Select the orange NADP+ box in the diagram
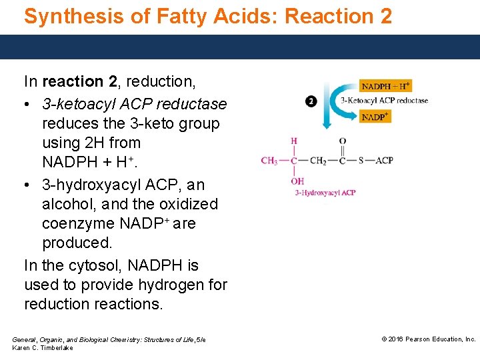coord(375,117)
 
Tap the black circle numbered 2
coord(311,101)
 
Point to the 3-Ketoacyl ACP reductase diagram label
coord(384,101)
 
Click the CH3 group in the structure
coord(269,161)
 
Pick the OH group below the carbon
coord(297,181)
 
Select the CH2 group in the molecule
coord(318,161)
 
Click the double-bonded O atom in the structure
coord(342,141)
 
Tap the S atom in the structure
coord(361,161)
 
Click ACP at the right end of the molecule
coord(384,161)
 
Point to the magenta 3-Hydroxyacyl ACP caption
coord(325,193)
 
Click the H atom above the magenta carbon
coord(294,141)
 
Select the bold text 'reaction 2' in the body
coord(78,82)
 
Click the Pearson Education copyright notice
coord(428,339)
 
